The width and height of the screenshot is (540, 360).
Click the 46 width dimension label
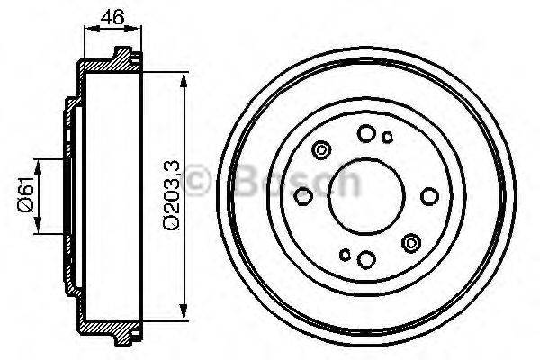(x=112, y=15)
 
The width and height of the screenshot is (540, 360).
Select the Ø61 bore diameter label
(x=26, y=196)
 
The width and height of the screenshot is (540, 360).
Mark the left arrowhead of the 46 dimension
(x=87, y=30)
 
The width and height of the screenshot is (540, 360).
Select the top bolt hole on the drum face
(x=366, y=134)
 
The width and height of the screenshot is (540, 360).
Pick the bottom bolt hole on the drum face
(x=366, y=260)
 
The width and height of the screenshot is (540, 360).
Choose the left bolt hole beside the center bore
(x=304, y=196)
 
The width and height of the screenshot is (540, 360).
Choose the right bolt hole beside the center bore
(x=429, y=196)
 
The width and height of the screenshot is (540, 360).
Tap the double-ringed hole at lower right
(x=411, y=241)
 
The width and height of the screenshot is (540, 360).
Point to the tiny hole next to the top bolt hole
(x=388, y=138)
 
